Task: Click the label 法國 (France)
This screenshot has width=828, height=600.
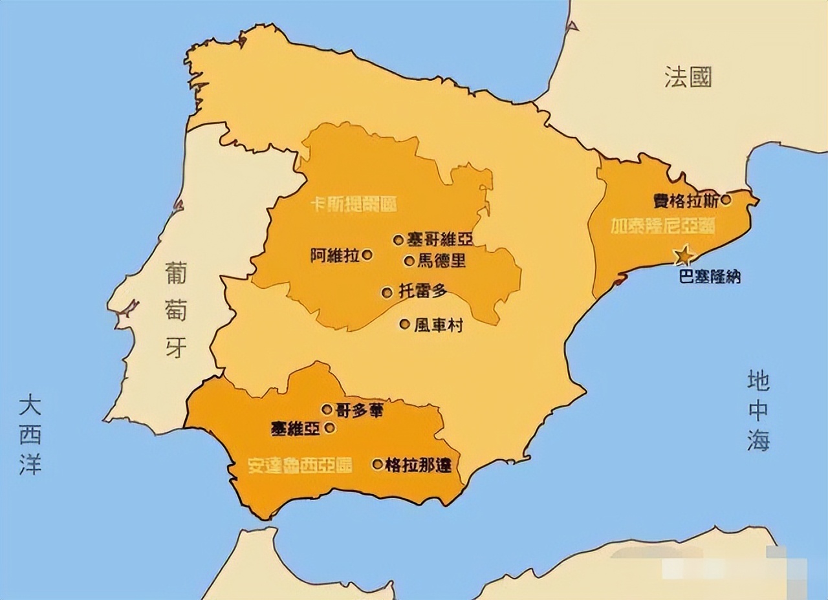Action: (x=688, y=77)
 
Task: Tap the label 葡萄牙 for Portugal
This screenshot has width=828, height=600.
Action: (x=175, y=310)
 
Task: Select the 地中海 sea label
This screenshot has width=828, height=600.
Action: (x=759, y=411)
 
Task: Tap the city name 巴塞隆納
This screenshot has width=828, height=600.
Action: (x=710, y=277)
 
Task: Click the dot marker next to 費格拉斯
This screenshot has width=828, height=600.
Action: (x=726, y=200)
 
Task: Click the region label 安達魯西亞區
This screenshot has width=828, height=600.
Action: (x=300, y=466)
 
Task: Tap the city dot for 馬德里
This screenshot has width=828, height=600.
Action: (x=409, y=261)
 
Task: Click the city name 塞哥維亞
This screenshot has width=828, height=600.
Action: (x=440, y=240)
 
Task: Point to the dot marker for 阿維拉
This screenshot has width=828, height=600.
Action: (x=367, y=255)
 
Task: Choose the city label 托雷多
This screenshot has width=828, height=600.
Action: (x=422, y=292)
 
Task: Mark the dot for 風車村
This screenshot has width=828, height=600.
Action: (x=405, y=324)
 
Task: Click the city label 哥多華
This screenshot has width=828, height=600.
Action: (x=360, y=410)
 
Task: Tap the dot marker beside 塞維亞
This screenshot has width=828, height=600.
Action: (x=329, y=427)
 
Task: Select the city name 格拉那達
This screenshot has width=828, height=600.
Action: (x=418, y=465)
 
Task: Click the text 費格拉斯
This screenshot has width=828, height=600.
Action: (x=686, y=200)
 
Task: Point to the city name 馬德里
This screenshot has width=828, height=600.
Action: (x=442, y=261)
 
